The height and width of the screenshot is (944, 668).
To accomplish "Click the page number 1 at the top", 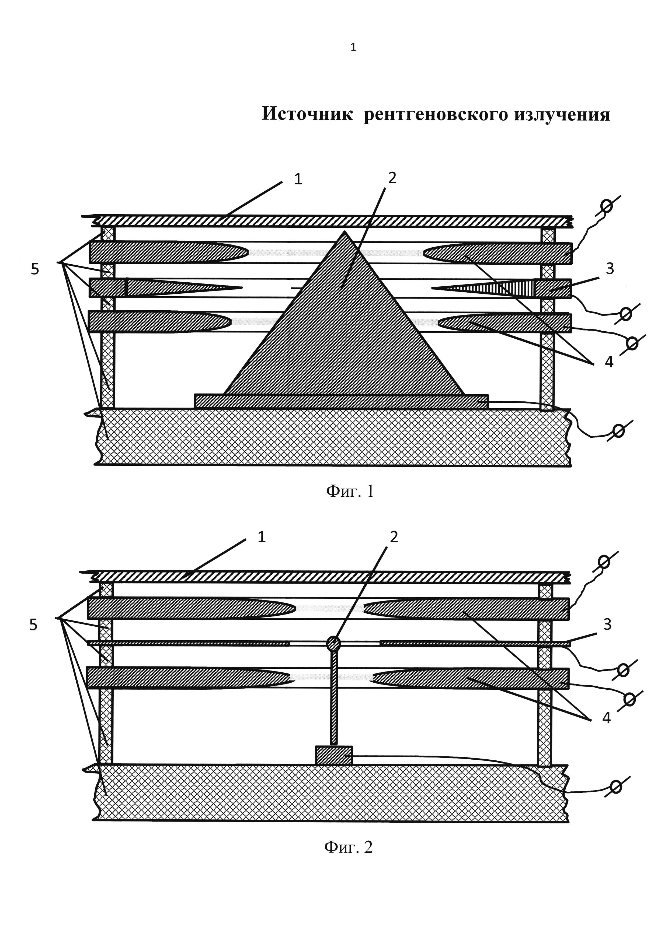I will click(x=353, y=48).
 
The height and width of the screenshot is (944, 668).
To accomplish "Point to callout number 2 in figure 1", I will click(x=392, y=178).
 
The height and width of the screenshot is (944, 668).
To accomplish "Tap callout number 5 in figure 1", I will click(x=35, y=269).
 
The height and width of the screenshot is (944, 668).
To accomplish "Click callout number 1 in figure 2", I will click(x=262, y=536).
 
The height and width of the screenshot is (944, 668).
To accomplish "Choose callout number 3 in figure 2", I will click(x=608, y=624).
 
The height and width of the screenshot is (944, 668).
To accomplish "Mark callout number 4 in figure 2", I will click(x=606, y=718).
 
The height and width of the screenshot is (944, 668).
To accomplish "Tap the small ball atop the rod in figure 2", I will click(x=333, y=643).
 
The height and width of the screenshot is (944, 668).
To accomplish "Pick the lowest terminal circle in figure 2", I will click(x=616, y=787).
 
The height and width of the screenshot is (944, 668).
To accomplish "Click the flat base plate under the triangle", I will click(x=341, y=401).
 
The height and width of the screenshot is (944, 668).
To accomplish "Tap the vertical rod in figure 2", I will click(x=333, y=699).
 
